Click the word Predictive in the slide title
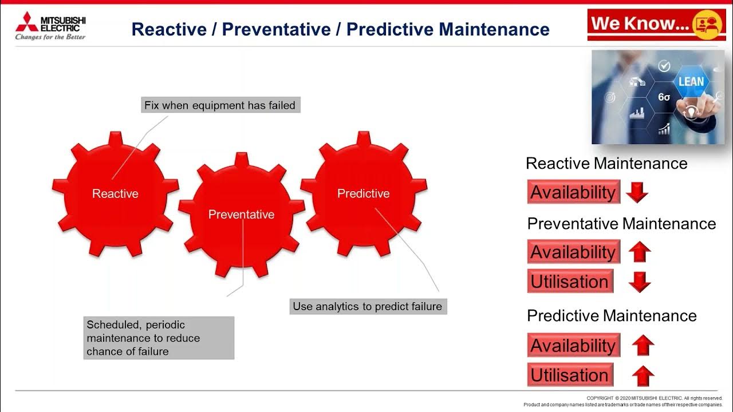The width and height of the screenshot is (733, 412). click(388, 29)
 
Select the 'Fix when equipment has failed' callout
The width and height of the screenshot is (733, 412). click(220, 105)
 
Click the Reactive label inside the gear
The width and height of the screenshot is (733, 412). click(115, 194)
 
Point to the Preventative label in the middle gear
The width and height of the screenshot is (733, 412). click(241, 215)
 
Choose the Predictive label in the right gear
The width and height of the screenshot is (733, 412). click(363, 194)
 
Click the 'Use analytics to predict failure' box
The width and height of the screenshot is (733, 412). click(367, 307)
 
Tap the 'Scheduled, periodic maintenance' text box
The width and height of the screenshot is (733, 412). click(159, 338)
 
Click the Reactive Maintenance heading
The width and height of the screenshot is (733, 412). click(606, 164)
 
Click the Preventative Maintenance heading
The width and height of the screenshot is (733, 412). click(621, 224)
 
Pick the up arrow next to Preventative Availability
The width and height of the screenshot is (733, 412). click(640, 252)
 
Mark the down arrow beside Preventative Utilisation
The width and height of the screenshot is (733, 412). click(640, 282)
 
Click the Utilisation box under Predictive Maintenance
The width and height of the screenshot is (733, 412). click(570, 375)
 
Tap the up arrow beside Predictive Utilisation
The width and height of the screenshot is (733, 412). click(643, 376)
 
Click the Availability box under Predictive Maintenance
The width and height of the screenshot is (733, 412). click(573, 346)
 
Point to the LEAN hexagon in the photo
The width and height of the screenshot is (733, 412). click(691, 82)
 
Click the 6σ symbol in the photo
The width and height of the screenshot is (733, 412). click(664, 97)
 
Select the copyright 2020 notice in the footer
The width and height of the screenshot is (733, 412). click(654, 398)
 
